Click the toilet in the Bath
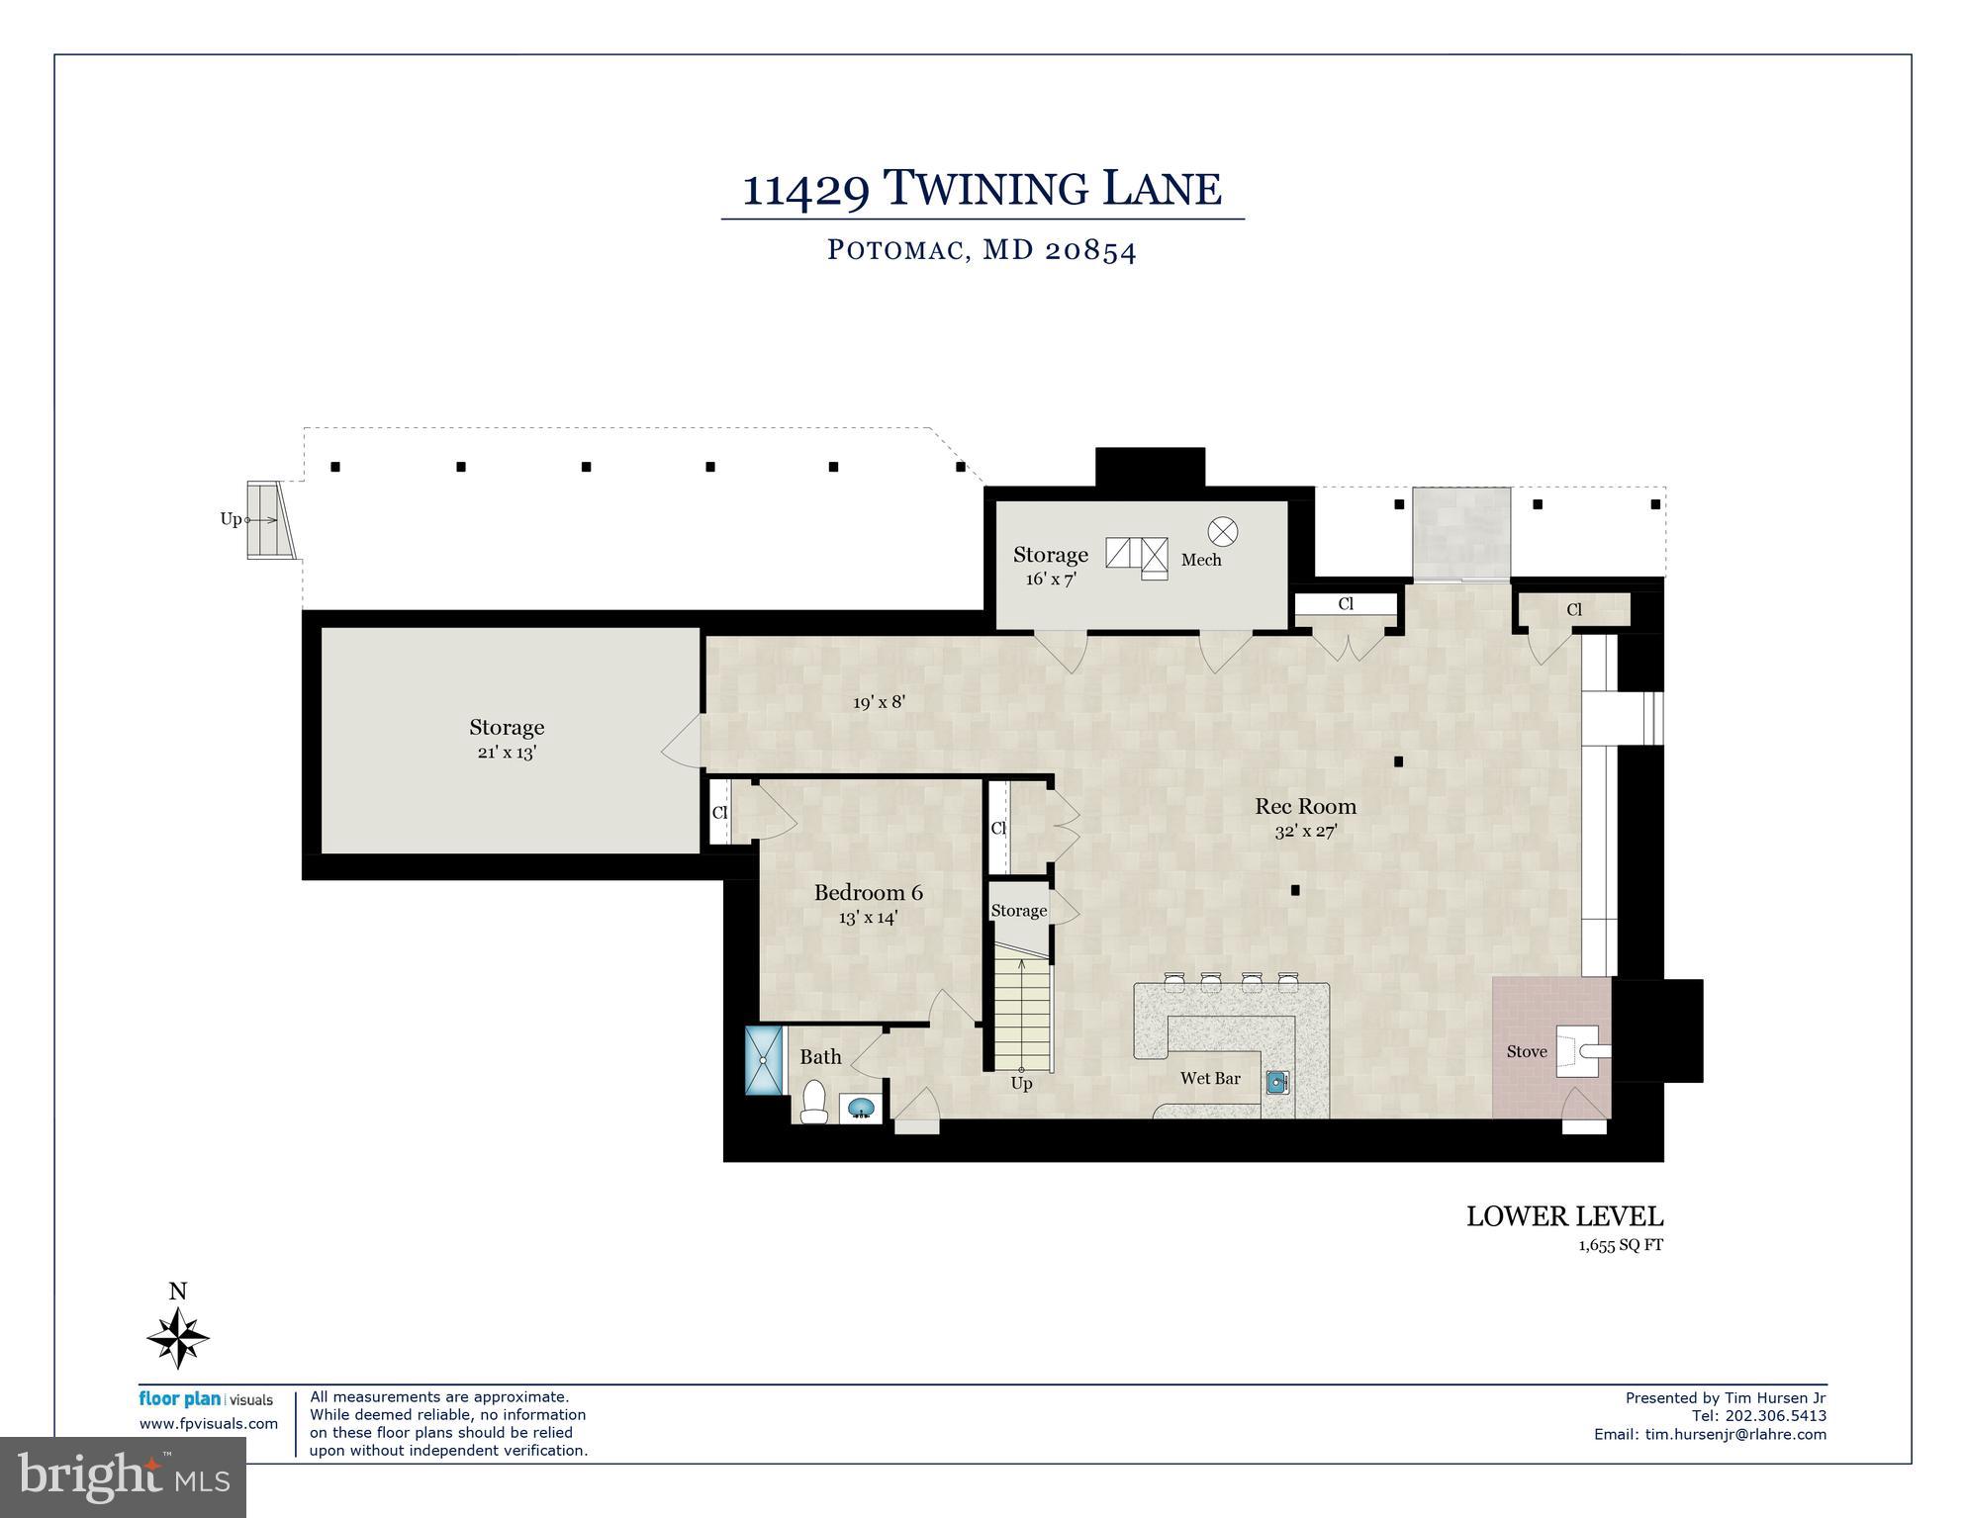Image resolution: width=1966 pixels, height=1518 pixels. pos(813,1102)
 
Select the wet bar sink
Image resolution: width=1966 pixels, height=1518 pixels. pos(1278,1083)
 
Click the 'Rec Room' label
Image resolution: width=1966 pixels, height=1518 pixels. pos(1305,806)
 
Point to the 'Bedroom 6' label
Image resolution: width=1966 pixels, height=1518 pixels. pos(868,892)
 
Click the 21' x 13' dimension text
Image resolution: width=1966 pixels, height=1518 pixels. pos(507,753)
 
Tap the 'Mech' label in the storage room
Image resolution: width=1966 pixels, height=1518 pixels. pos(1200,560)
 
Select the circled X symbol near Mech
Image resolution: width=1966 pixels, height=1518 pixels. pos(1223,531)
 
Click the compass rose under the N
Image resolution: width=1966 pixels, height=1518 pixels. pos(178,1338)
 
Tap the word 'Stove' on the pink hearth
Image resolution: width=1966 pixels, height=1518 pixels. pos(1526,1051)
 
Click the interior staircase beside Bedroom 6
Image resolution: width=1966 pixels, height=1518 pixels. pos(1021,1014)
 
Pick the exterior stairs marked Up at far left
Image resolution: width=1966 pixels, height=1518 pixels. pos(270,519)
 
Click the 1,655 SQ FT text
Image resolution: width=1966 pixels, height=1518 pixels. pos(1620,1246)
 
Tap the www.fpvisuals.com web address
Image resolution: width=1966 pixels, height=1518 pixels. pos(208,1424)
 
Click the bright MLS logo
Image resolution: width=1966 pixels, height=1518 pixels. pos(123,1477)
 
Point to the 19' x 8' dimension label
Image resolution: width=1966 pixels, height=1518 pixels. pos(879,702)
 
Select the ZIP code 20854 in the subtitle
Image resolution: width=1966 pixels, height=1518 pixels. pos(1089,250)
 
